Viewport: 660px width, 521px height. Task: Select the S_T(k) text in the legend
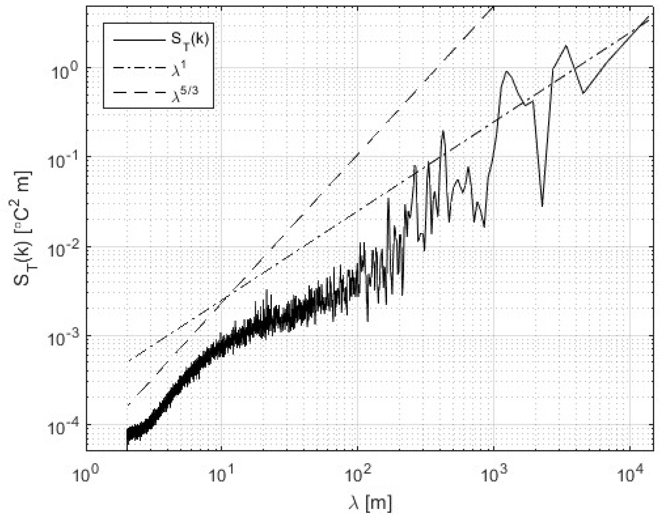(189, 40)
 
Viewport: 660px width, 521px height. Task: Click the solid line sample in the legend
(138, 40)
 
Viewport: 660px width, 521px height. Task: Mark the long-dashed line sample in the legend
(138, 92)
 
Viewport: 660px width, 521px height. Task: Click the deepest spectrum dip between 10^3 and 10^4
(542, 206)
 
